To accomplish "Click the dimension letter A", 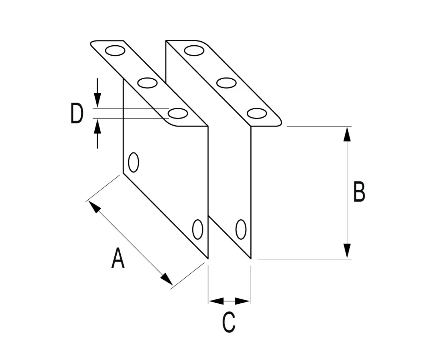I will tap(118, 258).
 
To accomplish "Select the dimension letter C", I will tap(229, 322).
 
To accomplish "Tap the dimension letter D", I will tap(77, 114).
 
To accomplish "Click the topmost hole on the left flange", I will tap(115, 51).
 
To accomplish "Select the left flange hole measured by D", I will tap(178, 113).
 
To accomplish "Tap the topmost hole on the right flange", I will tap(194, 50).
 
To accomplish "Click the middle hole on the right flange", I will tap(226, 83).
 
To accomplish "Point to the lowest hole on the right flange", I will tap(257, 113).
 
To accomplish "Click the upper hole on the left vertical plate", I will tap(133, 162).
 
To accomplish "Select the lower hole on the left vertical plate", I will tap(198, 229).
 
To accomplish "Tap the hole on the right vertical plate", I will tap(241, 229).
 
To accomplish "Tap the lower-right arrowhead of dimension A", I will tap(166, 279).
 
